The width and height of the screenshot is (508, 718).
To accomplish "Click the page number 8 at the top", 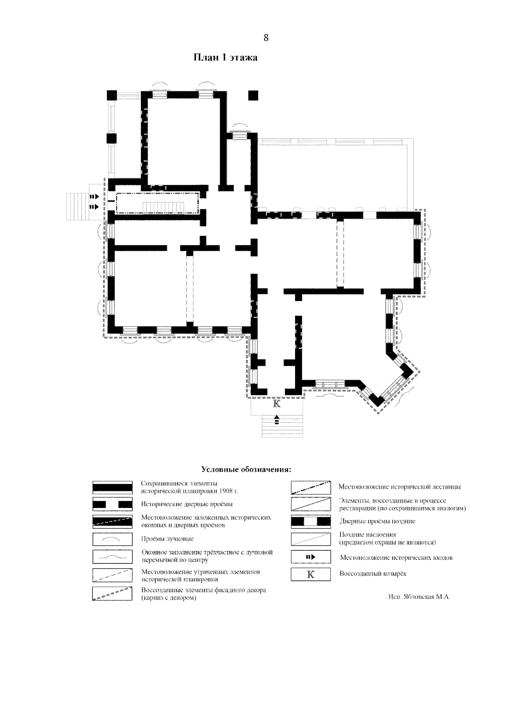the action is (266, 38).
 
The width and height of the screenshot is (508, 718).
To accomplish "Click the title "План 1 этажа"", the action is (225, 58).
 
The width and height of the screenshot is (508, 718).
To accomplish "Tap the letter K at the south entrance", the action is (276, 403).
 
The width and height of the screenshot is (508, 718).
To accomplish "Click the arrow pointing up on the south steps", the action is (276, 419).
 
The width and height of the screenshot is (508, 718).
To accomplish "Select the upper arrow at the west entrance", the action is (94, 197).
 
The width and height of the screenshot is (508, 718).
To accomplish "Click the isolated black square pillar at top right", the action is (253, 96).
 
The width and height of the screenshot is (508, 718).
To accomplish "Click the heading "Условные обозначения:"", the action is (246, 469).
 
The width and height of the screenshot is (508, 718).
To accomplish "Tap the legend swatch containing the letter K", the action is (311, 574).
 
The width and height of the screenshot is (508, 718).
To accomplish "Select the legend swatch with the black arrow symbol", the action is (311, 557).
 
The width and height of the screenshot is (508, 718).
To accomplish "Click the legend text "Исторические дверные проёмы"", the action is (187, 504).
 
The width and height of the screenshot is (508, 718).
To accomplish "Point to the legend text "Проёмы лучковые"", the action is (167, 539).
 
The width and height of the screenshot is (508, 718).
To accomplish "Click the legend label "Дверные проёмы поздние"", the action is (377, 521).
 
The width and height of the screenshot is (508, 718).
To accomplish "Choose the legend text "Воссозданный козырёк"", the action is (373, 574).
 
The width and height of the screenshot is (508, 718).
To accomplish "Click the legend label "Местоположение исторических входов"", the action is (396, 557).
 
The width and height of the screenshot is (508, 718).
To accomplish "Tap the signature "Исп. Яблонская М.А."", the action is (419, 597).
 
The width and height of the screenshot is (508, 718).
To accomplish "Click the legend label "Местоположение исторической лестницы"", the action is (400, 487).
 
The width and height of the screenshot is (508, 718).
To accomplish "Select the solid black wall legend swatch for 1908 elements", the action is (112, 488).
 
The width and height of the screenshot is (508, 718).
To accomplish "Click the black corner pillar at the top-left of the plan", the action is (112, 95).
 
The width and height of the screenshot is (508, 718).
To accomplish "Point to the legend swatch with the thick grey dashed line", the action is (112, 593).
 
